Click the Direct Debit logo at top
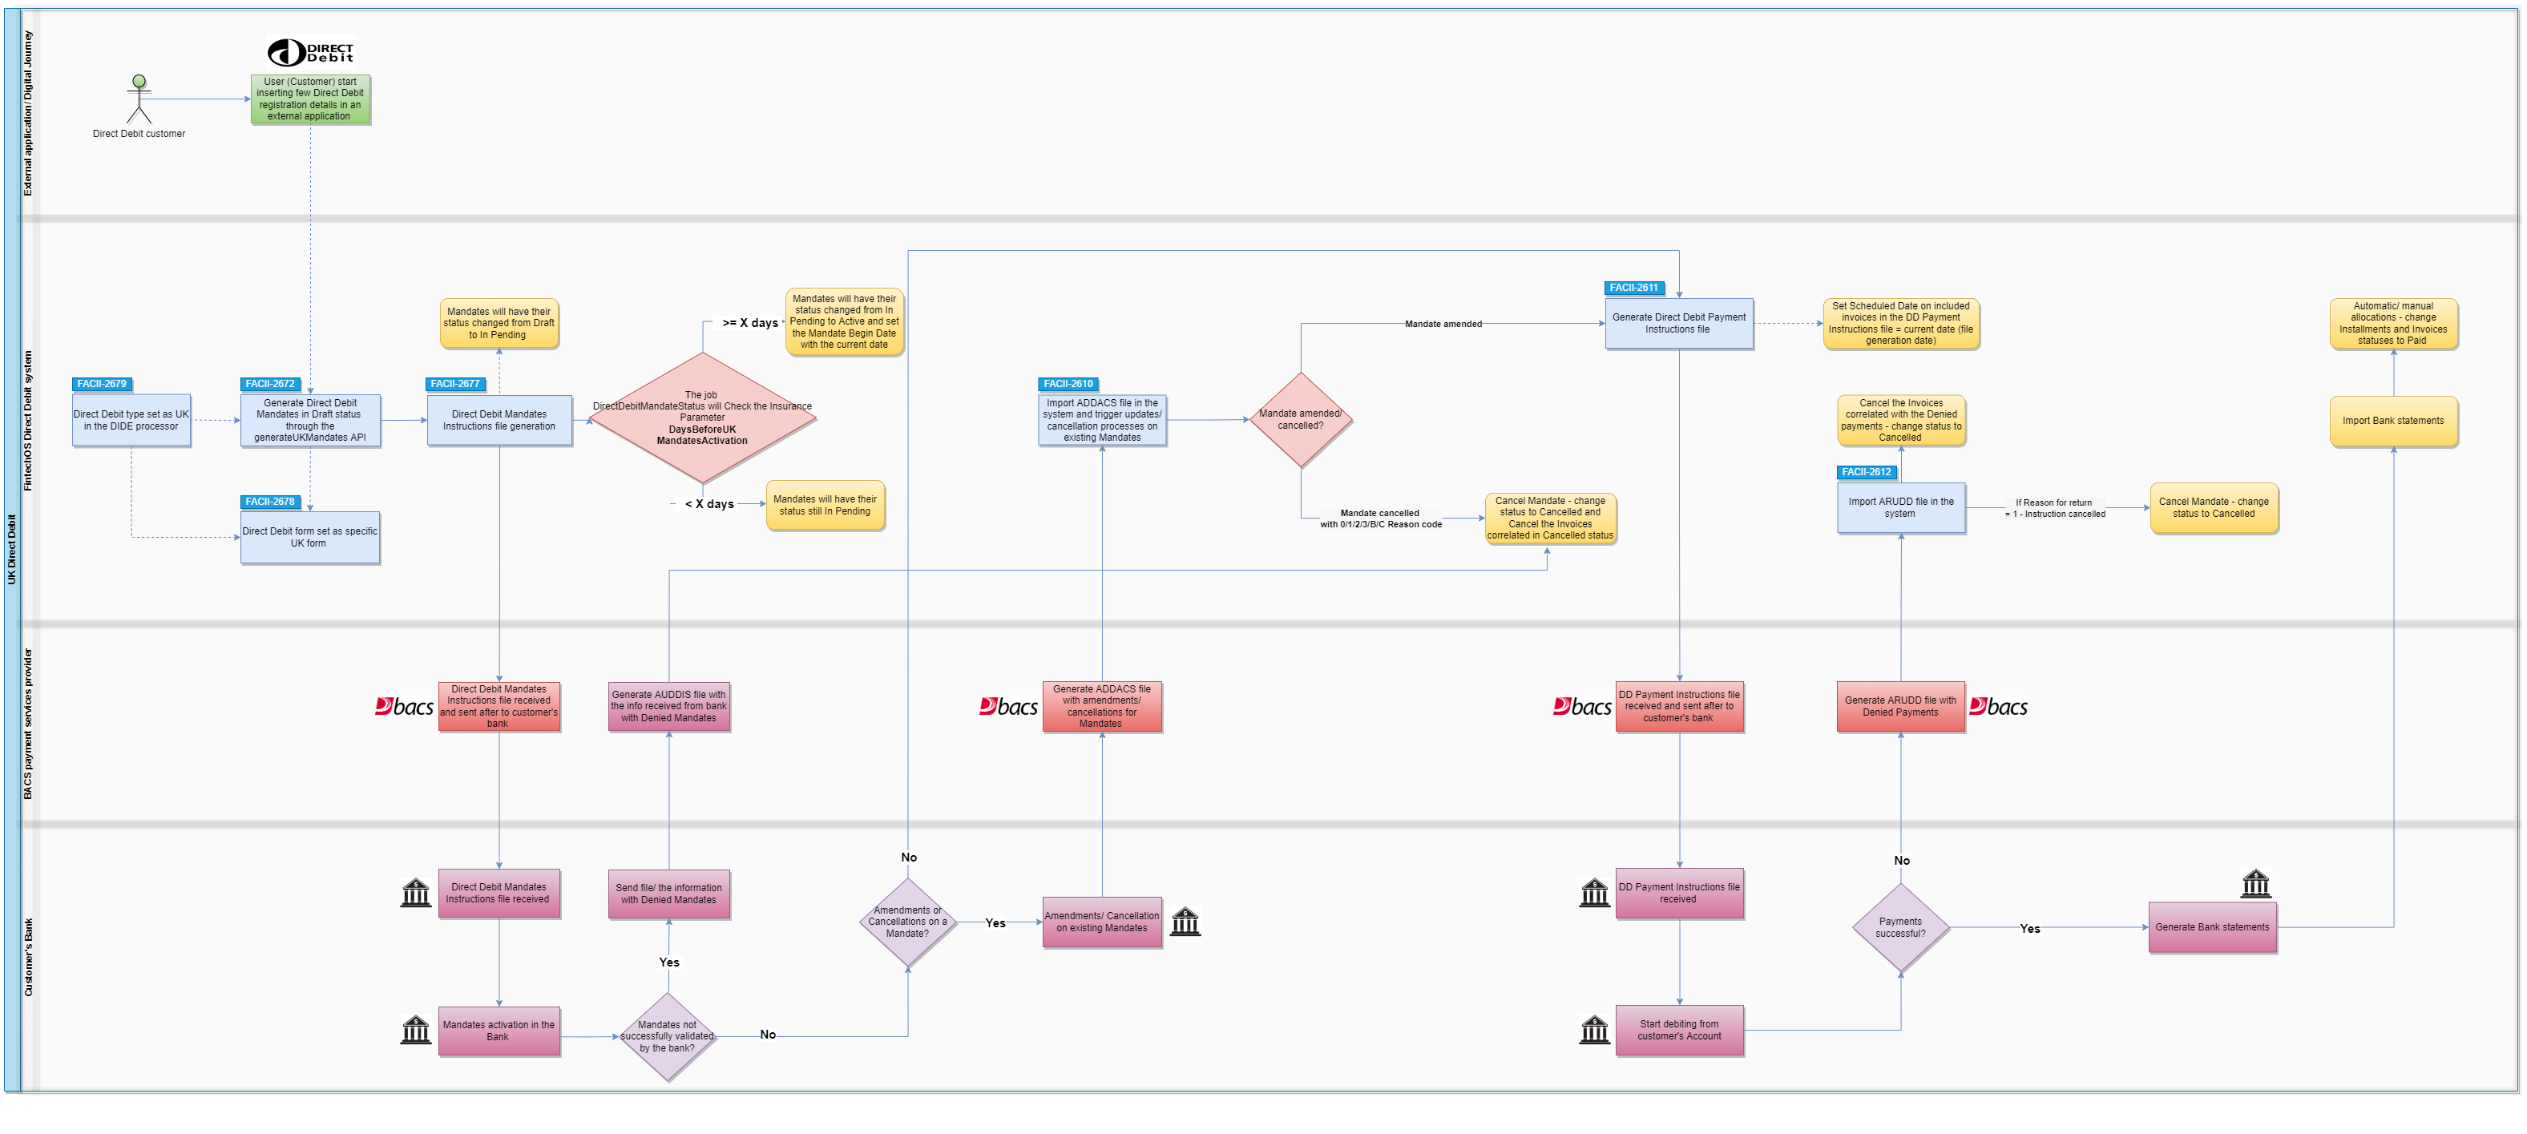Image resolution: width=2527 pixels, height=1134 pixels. click(x=310, y=53)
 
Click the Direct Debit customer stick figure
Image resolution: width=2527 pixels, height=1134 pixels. click(x=139, y=100)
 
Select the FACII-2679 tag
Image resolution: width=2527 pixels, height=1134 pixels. click(x=102, y=385)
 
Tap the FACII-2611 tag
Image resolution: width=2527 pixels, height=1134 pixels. click(x=1634, y=289)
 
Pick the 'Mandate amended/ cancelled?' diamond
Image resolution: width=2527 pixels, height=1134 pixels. click(x=1301, y=420)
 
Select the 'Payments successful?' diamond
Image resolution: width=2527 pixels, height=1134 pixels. click(x=1900, y=928)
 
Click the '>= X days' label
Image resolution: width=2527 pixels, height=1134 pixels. click(x=749, y=323)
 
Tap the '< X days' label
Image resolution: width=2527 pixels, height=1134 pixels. click(x=708, y=504)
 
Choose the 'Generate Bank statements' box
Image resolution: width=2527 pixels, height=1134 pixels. click(x=2212, y=928)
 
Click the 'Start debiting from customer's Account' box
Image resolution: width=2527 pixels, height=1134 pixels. click(x=1678, y=1030)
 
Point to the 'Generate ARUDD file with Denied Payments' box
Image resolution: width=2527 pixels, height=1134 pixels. click(x=1900, y=706)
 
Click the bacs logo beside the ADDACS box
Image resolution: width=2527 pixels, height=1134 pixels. click(x=1007, y=706)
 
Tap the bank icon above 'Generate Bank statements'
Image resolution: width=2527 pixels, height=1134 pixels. click(x=2255, y=884)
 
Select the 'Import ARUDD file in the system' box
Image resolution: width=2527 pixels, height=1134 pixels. click(x=1900, y=508)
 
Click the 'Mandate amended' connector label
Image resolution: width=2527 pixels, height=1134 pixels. click(x=1443, y=324)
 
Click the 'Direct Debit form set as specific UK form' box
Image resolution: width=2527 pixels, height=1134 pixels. click(x=310, y=538)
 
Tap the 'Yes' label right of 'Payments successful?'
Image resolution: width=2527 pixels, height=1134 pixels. click(x=2029, y=929)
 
